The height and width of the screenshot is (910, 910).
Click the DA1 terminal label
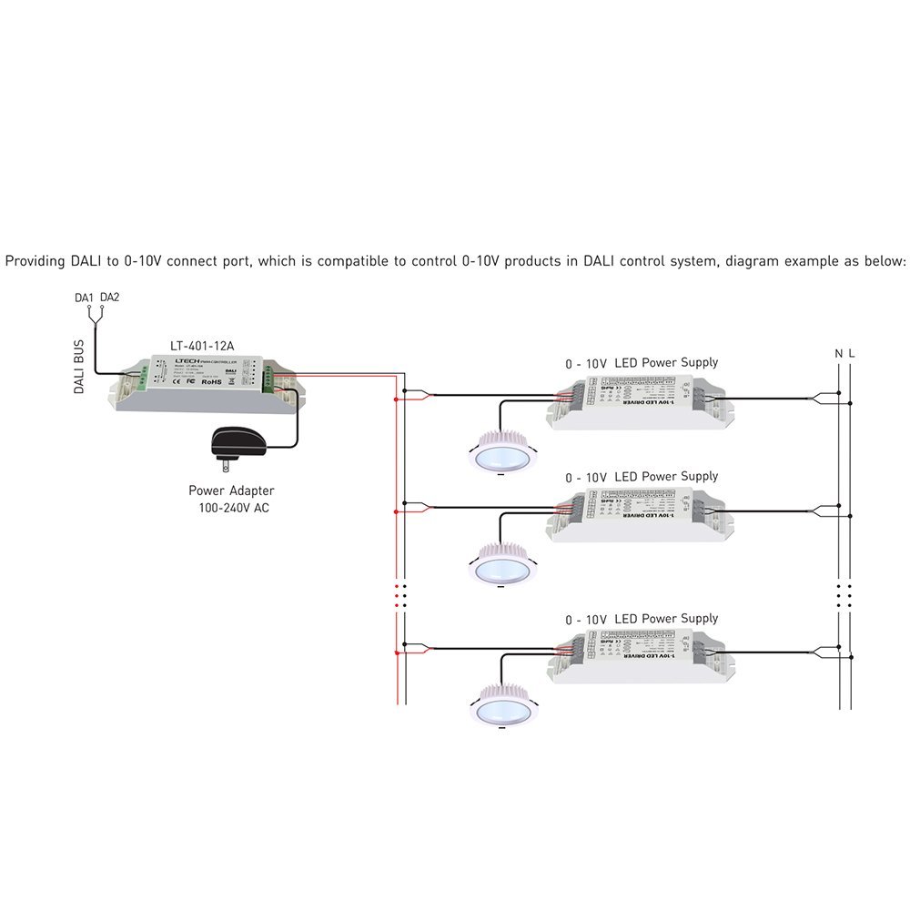coord(84,298)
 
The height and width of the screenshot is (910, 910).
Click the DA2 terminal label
coord(109,298)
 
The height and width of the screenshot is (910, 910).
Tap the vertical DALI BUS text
coord(78,367)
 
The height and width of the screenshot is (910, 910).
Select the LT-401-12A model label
coord(201,345)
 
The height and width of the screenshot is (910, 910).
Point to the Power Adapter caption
coord(231,490)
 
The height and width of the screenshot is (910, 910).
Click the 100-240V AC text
coord(233,508)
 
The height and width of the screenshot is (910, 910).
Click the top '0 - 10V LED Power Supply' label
coord(641,362)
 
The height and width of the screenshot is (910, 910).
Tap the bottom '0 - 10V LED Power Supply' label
coord(641,619)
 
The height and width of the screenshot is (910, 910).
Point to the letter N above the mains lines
coord(838,353)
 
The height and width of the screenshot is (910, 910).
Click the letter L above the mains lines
coord(852,353)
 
